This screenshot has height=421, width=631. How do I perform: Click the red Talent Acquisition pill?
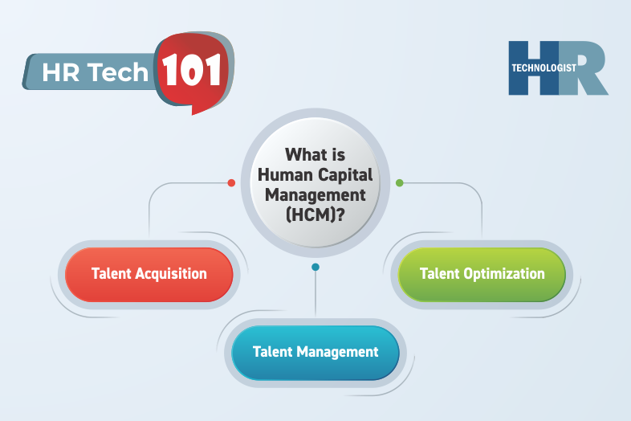tap(149, 274)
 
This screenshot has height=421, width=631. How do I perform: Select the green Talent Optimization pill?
tap(482, 274)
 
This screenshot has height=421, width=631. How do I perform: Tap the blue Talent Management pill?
tap(315, 352)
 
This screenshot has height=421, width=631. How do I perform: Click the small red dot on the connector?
tap(231, 183)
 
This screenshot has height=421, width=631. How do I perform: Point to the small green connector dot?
tap(400, 183)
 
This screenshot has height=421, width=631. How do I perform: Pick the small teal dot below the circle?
tap(315, 267)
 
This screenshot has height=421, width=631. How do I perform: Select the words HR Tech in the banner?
tap(96, 73)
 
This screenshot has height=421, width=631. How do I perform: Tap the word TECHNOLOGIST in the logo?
tap(543, 68)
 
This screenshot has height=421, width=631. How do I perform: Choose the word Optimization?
tap(505, 274)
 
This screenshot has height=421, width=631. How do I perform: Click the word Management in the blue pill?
tap(337, 352)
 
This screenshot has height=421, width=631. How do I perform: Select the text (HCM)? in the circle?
tap(315, 214)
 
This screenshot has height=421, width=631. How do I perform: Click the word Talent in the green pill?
tap(440, 274)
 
